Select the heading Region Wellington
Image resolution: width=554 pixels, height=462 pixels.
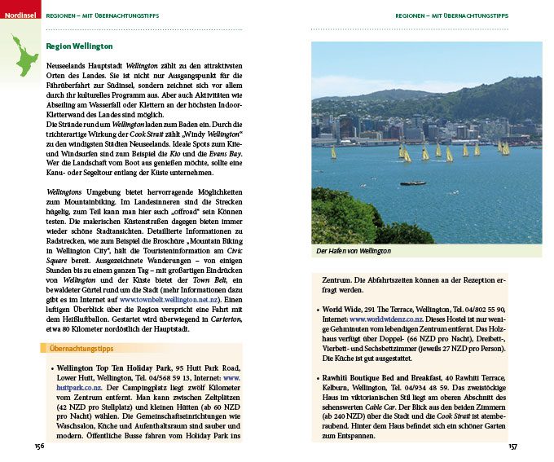point(80,47)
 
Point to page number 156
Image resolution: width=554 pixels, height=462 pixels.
point(39,447)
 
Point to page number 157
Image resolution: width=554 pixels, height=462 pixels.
point(512,447)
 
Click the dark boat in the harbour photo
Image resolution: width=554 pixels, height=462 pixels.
point(413,183)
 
